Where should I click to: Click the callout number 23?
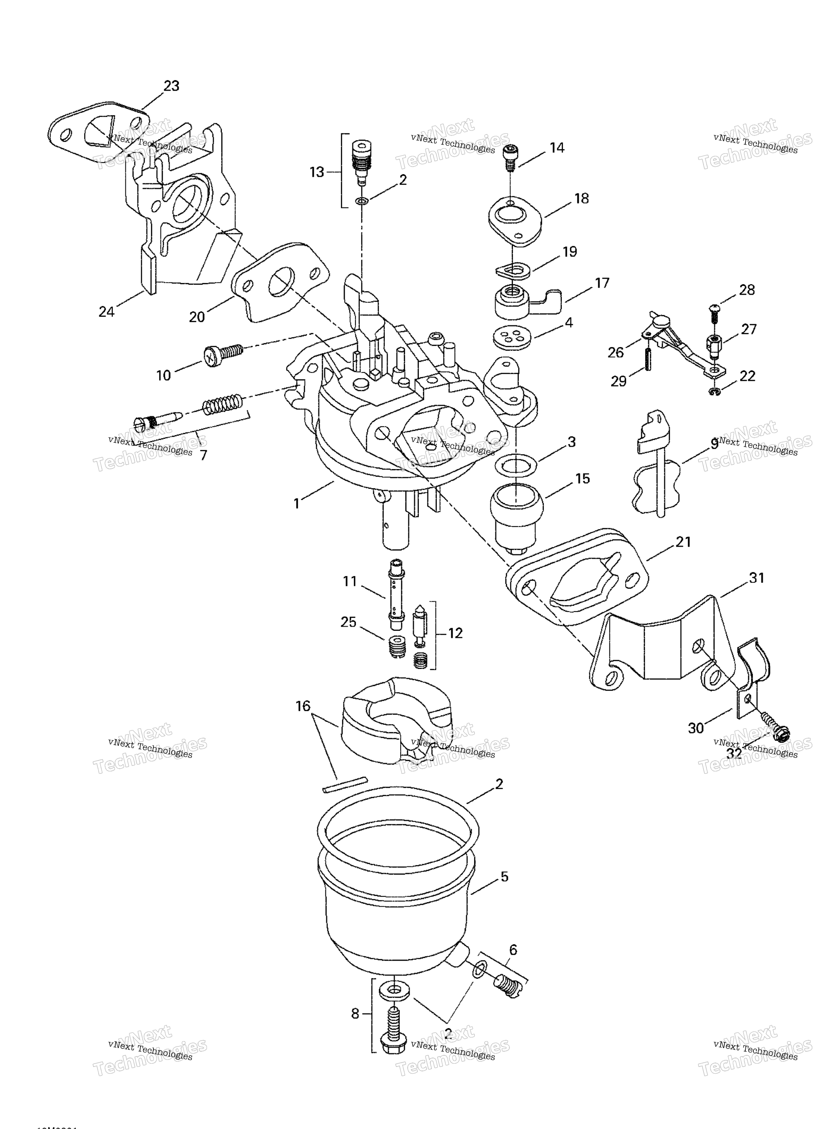click(171, 86)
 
